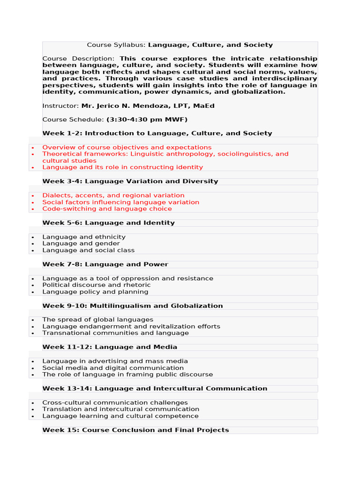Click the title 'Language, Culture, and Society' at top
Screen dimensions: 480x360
click(x=210, y=45)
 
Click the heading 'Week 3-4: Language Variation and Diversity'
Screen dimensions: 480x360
click(x=130, y=181)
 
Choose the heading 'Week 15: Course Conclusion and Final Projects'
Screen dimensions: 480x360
click(x=135, y=430)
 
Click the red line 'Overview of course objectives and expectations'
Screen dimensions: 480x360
click(x=127, y=147)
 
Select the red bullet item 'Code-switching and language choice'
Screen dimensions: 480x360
click(x=107, y=209)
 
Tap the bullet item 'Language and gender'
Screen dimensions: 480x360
click(x=81, y=244)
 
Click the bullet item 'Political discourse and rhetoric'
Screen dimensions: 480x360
click(x=97, y=285)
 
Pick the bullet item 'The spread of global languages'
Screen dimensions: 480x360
click(x=97, y=320)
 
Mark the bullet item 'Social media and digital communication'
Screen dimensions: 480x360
click(x=113, y=368)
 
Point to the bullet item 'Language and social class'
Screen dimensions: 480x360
click(x=88, y=250)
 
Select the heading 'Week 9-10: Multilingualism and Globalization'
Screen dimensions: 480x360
click(x=132, y=306)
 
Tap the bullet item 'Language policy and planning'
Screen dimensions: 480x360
click(x=95, y=292)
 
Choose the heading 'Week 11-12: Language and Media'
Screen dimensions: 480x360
click(x=110, y=347)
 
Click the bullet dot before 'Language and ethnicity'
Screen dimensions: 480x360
click(x=33, y=238)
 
